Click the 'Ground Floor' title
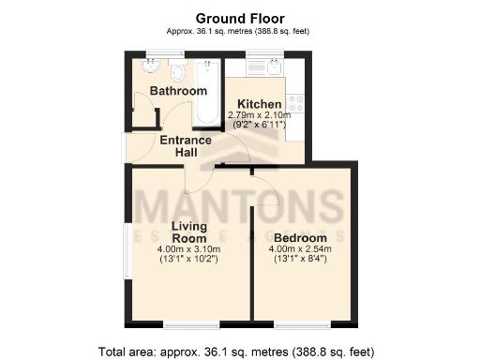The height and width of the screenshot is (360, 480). click(x=238, y=18)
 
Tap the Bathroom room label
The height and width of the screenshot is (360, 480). click(x=180, y=91)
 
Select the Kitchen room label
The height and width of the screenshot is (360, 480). click(x=259, y=103)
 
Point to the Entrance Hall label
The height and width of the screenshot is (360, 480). click(x=185, y=146)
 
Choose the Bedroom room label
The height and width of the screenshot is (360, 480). click(x=301, y=237)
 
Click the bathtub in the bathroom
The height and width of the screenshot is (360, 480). click(x=208, y=94)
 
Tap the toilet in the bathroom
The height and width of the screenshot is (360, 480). click(x=178, y=71)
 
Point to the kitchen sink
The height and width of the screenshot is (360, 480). click(x=268, y=69)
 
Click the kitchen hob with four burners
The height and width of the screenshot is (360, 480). click(x=296, y=103)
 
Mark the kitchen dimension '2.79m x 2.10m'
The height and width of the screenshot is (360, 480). click(x=260, y=114)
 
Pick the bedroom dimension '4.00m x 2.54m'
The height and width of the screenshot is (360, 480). click(x=301, y=248)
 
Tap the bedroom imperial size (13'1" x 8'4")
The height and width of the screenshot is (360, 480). click(x=301, y=259)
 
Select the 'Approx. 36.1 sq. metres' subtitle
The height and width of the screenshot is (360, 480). click(x=238, y=31)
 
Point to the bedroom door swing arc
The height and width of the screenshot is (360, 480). click(x=267, y=187)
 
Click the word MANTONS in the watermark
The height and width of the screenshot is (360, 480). click(x=239, y=203)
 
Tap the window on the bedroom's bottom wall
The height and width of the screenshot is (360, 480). click(x=302, y=324)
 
